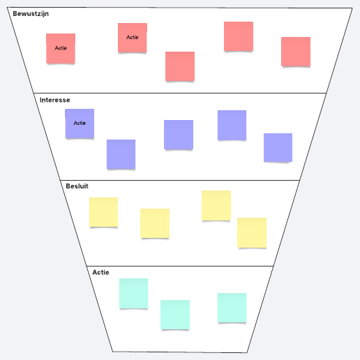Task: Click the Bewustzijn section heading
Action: pos(31,14)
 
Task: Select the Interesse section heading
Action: pos(54,100)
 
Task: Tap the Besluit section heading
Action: pos(77,186)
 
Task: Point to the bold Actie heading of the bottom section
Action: pos(100,272)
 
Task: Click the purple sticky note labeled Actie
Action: pos(80,123)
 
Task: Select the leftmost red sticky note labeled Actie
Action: pos(61,48)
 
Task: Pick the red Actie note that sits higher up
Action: pos(133,38)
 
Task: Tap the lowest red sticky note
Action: pos(180,66)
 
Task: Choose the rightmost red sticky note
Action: pos(296,52)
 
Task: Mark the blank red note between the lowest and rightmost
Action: pos(239,36)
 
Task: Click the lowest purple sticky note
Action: pos(121,154)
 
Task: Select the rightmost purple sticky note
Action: pos(278,147)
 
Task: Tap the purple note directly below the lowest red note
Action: pos(179,135)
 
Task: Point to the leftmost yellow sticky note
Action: pos(103,212)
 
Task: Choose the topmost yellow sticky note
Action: pos(216,205)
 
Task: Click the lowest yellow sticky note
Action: pos(252,232)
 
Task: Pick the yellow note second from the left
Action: pos(155,223)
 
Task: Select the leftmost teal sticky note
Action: pos(133,293)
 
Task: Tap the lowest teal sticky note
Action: pos(175,315)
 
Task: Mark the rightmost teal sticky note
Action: pos(232,308)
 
